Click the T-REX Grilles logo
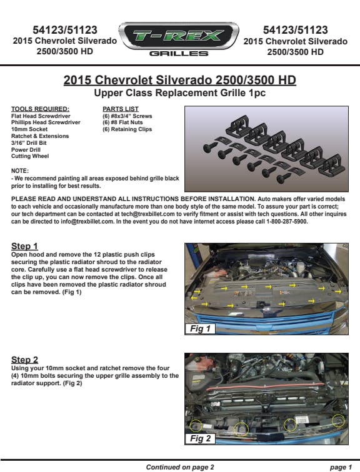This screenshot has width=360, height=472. pos(179,39)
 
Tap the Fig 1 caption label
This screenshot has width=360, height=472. pos(200,328)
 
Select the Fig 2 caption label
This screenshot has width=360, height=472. pos(200,438)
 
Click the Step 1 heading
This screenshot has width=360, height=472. pos(24,246)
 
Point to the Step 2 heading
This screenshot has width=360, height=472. pos(25,360)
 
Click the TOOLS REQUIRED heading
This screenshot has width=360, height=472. pos(40,109)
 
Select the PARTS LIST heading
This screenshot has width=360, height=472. pos(121,109)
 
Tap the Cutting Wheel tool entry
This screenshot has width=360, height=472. pos(30,156)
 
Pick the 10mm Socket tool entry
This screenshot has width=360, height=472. pos(29,129)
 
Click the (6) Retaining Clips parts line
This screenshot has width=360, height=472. pos(127,129)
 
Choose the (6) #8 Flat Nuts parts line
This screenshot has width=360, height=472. pos(122,122)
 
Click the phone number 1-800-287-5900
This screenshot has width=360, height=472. pos(287,222)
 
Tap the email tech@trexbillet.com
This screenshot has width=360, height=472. pos(148,214)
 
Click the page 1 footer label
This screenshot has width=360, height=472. pos(341,467)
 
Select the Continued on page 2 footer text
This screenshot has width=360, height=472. pos(180,467)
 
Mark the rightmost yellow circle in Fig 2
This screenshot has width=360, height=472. pos(338,421)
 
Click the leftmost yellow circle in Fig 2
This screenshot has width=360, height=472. pos(196,426)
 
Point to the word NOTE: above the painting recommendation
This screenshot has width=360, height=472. pos(20,170)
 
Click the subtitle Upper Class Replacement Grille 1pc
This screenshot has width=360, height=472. pos(180,92)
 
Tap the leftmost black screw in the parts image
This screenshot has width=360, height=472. pos(209,147)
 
